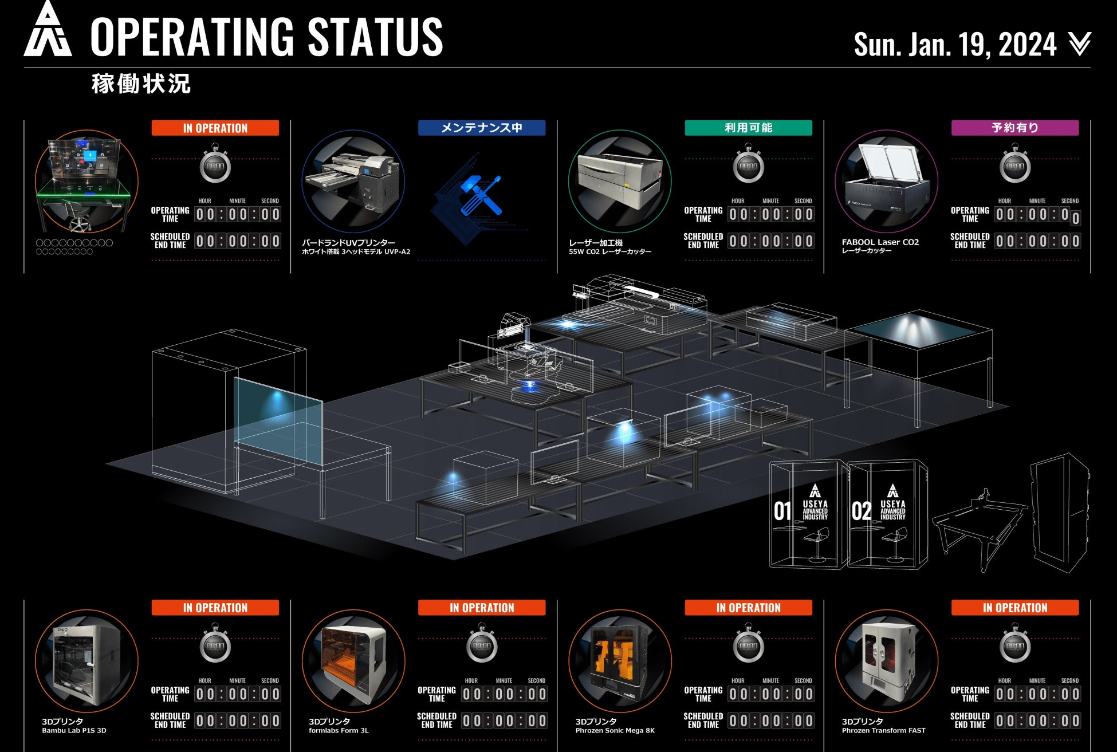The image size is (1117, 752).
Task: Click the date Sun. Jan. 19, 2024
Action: click(x=955, y=44)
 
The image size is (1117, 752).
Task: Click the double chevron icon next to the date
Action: click(x=1079, y=44)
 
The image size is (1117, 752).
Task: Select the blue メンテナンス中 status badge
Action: click(x=481, y=128)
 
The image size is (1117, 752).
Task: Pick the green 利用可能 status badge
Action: click(x=748, y=128)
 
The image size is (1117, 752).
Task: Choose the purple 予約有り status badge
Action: click(x=1014, y=128)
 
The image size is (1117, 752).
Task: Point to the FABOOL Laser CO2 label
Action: click(x=880, y=242)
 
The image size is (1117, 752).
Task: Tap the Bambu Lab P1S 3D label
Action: click(x=74, y=730)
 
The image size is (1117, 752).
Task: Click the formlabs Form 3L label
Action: click(x=339, y=730)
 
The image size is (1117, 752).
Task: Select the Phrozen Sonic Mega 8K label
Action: click(x=615, y=730)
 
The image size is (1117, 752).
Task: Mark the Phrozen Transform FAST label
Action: click(x=883, y=730)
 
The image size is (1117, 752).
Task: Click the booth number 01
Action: click(x=782, y=511)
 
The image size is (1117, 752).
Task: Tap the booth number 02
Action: click(x=861, y=511)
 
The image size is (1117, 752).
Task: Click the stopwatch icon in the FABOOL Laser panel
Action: click(x=1015, y=166)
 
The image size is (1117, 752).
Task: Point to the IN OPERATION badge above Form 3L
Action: click(x=481, y=608)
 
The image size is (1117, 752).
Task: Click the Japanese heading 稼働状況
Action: click(x=141, y=84)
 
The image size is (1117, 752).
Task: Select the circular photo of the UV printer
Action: click(x=353, y=182)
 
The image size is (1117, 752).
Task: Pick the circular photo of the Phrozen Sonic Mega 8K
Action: click(x=620, y=661)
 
